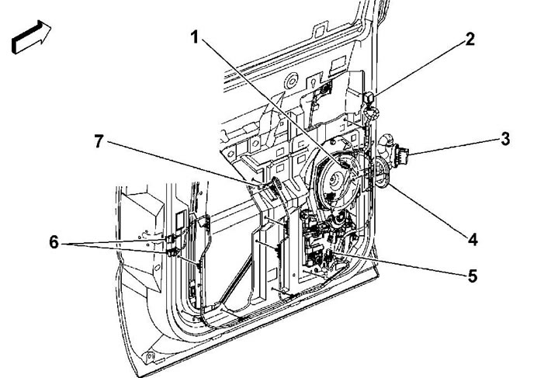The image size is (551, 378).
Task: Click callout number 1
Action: [195, 37]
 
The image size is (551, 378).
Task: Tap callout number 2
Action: [470, 40]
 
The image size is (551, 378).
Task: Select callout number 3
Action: [505, 139]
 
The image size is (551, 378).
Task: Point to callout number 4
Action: [473, 239]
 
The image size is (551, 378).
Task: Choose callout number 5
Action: [473, 276]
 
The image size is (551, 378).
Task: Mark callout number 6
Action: [54, 242]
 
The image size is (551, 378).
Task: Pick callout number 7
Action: [99, 141]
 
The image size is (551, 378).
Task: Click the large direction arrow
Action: [31, 36]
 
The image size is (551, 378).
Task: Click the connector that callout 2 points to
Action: [369, 99]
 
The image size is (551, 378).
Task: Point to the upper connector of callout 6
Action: [171, 238]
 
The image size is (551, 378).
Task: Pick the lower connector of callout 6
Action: [172, 252]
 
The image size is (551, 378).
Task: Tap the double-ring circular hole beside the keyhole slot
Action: [292, 81]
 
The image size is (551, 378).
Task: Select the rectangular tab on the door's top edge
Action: [320, 29]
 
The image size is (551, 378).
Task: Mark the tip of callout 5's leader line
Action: [332, 252]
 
